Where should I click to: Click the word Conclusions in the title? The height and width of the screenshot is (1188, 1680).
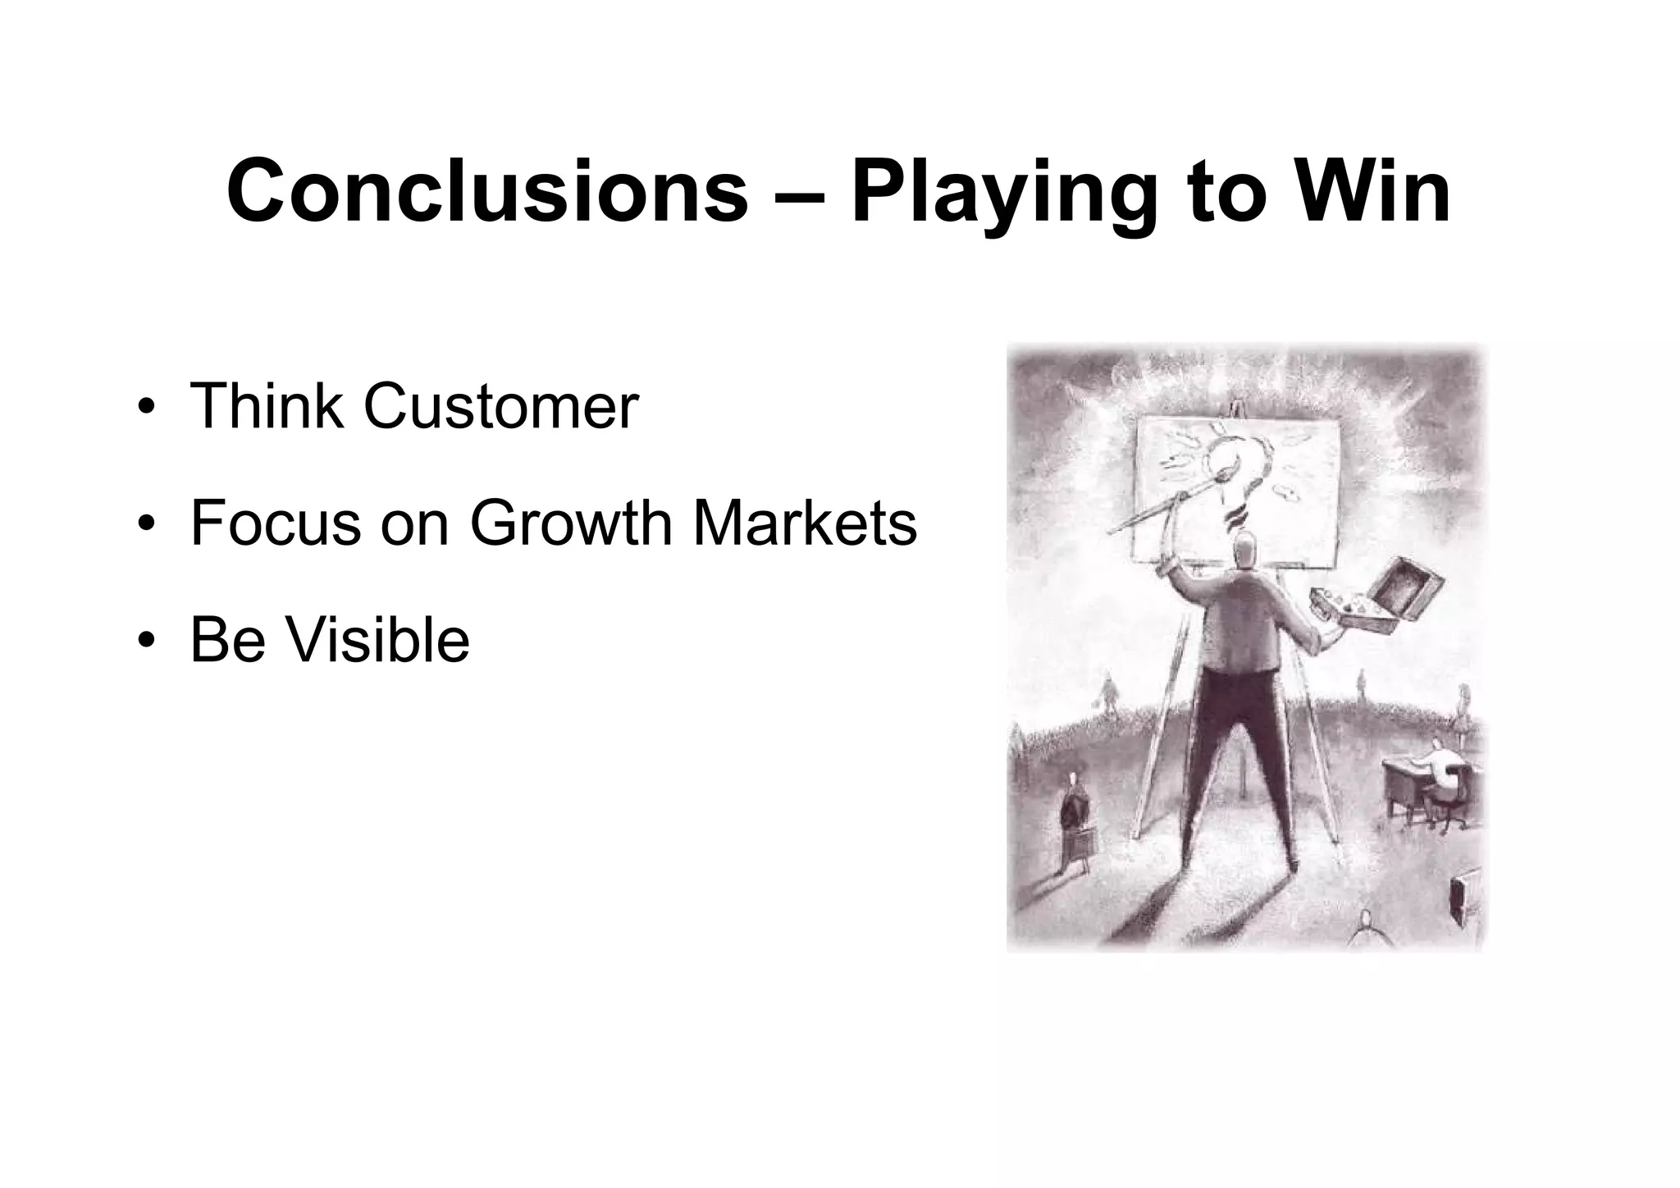click(x=487, y=192)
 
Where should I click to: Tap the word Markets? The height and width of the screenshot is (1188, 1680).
click(x=805, y=523)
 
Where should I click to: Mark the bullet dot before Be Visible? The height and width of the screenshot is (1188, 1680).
click(x=146, y=642)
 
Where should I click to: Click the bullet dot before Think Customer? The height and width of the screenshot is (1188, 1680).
click(x=146, y=408)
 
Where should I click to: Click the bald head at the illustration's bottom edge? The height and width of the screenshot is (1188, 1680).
click(x=1364, y=922)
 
